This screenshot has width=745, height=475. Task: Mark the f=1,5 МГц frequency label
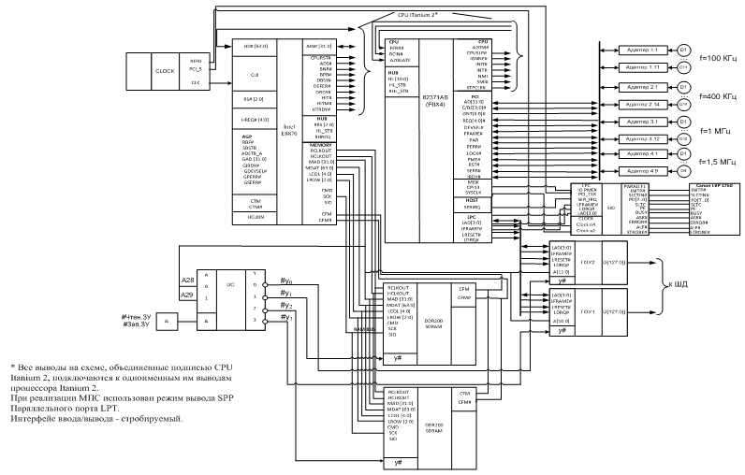pyautogui.click(x=719, y=161)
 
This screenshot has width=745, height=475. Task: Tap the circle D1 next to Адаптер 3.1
pyautogui.click(x=683, y=122)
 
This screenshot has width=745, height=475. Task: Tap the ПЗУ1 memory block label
pyautogui.click(x=588, y=310)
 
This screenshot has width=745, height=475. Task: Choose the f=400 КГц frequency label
pyautogui.click(x=719, y=97)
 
